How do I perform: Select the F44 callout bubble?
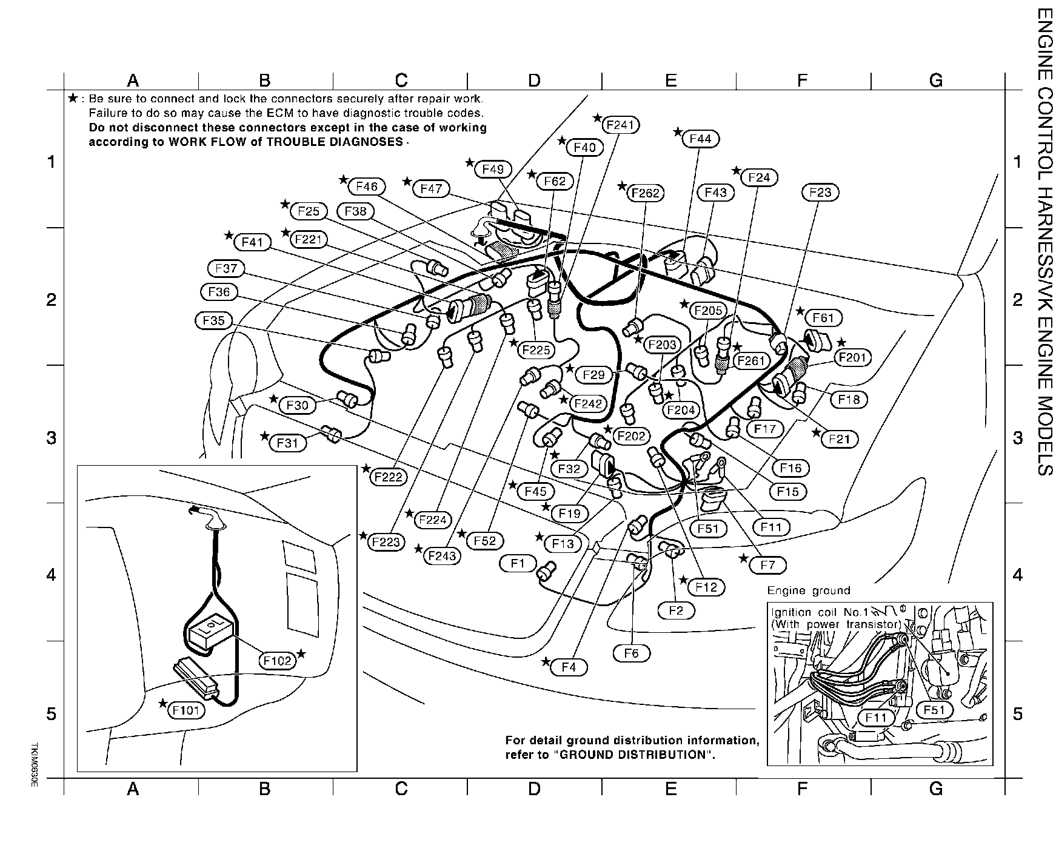click(x=700, y=139)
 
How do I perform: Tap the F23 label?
click(x=820, y=193)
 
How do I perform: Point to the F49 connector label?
click(x=493, y=170)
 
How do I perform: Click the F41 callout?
click(x=252, y=242)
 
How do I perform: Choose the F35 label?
click(x=213, y=320)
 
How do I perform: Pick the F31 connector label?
click(x=288, y=443)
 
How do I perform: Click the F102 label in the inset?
click(x=277, y=661)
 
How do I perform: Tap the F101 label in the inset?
click(x=186, y=710)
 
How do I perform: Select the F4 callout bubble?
click(x=569, y=667)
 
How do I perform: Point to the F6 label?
click(x=631, y=653)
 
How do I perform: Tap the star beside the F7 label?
click(x=744, y=558)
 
